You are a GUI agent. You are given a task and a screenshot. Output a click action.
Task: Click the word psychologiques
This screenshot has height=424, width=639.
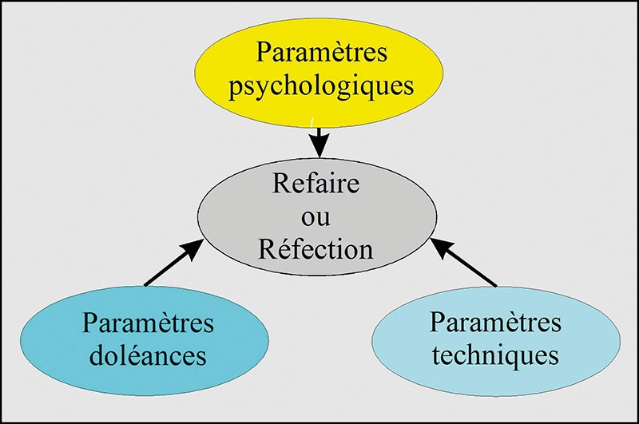tap(321, 85)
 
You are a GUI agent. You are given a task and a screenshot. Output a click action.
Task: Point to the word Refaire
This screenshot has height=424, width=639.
tap(316, 184)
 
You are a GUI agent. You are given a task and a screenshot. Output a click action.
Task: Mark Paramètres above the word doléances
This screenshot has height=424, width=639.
tap(148, 324)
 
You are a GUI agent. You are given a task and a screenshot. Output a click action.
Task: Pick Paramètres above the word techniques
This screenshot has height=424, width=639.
tap(495, 323)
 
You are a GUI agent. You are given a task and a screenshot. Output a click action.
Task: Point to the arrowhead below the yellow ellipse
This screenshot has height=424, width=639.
tap(319, 147)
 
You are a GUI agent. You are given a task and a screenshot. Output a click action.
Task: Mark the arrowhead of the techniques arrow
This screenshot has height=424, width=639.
tap(442, 248)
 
